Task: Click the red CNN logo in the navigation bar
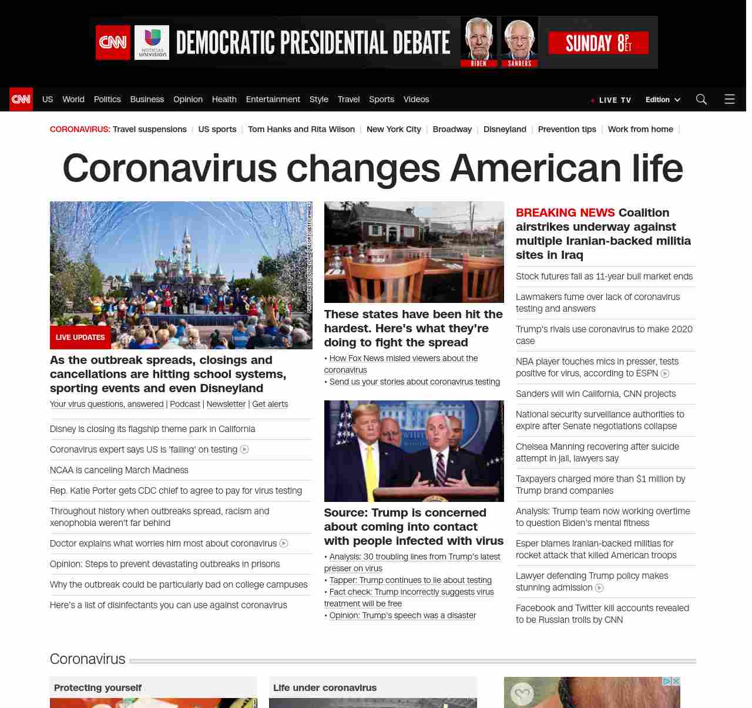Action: coord(21,99)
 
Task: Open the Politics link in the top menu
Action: coord(107,99)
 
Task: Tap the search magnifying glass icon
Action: coord(701,99)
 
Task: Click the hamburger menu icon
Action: coord(730,99)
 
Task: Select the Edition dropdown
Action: coord(663,100)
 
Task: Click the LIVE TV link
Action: coord(615,100)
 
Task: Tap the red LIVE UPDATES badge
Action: coord(80,338)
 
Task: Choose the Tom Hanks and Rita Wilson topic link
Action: coord(301,129)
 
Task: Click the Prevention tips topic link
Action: coord(567,129)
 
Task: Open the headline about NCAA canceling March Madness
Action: coord(119,470)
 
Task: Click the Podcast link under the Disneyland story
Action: coord(185,404)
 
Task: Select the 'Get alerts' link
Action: coord(270,404)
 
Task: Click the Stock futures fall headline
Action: coord(604,277)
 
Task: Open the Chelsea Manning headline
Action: coord(597,452)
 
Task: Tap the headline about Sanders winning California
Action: coord(596,394)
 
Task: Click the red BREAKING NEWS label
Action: coord(565,213)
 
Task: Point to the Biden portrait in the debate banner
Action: coord(479,39)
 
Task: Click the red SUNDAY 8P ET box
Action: coord(598,43)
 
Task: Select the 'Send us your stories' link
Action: coord(414,382)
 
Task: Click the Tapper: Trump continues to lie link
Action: coord(410,580)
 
